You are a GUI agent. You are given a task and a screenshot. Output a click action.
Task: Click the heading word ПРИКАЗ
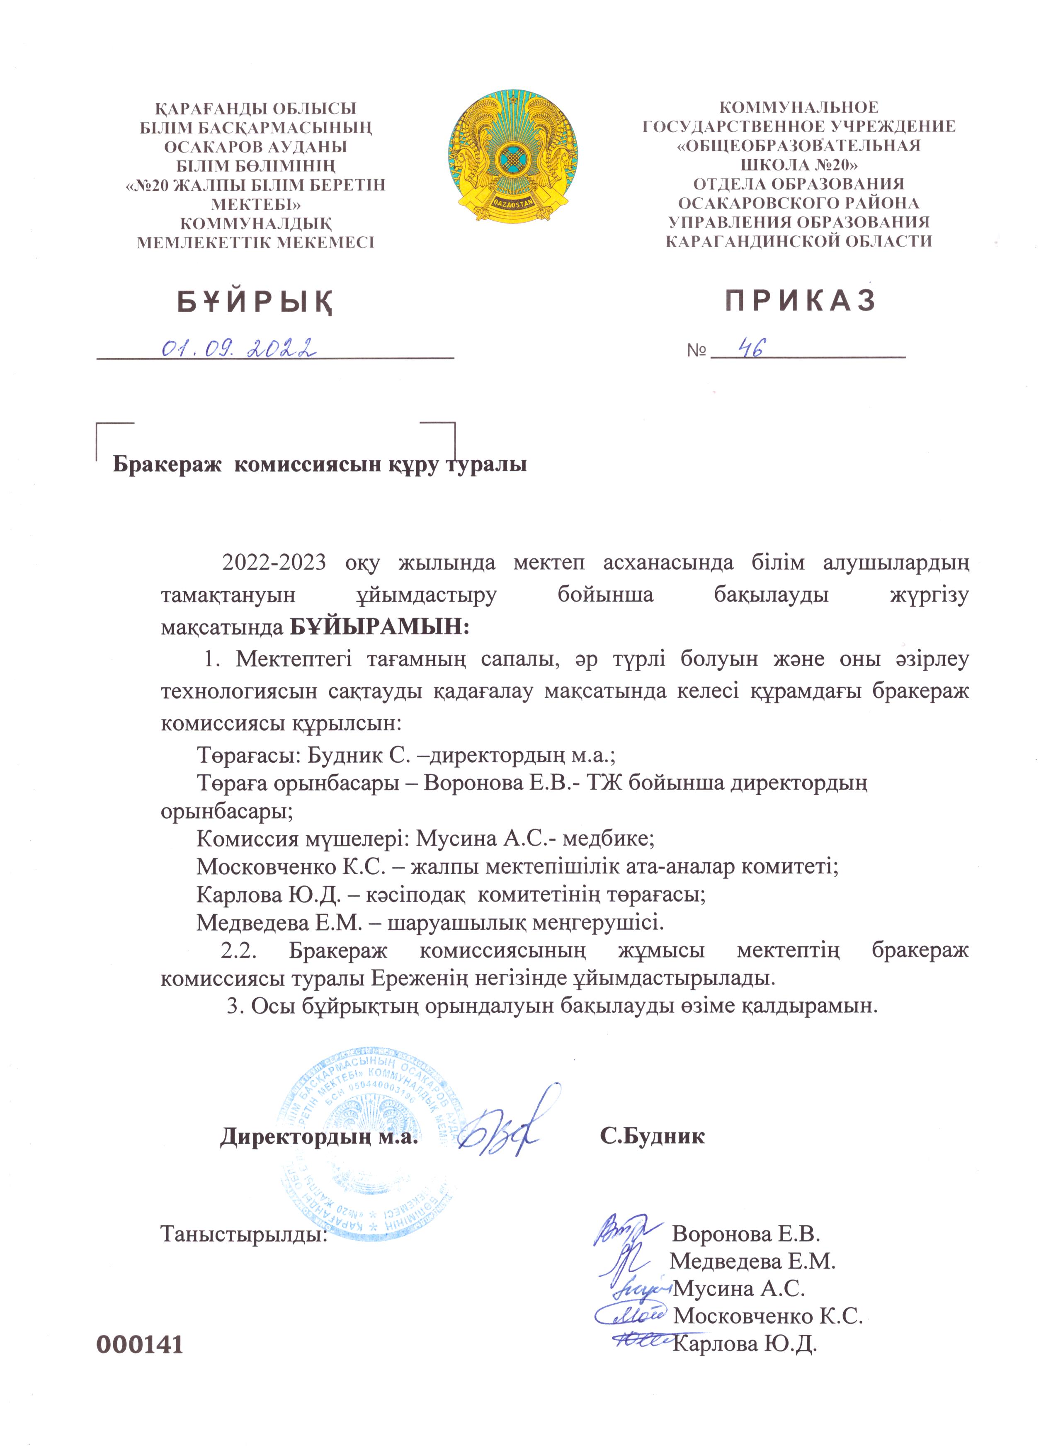click(800, 300)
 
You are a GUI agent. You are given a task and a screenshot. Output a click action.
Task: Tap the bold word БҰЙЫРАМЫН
click(379, 626)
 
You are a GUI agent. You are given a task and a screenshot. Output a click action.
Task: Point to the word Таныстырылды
click(244, 1234)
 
